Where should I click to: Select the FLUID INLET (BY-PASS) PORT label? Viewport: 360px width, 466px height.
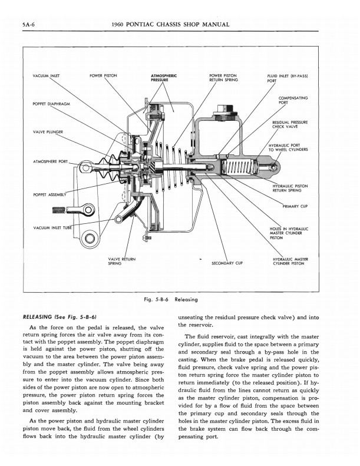[285, 78]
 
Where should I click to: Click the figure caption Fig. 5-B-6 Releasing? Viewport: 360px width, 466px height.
[171, 299]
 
